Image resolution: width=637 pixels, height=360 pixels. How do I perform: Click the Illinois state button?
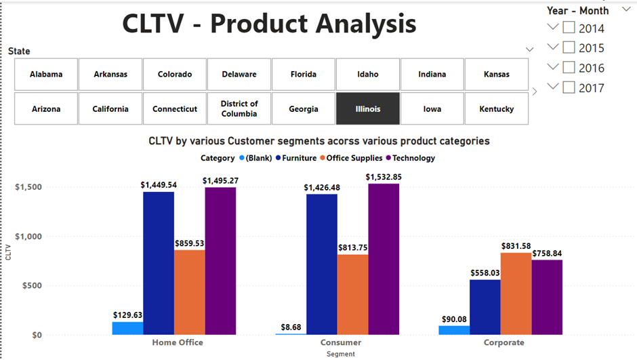[368, 108]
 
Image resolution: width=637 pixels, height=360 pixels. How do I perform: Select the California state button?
[110, 108]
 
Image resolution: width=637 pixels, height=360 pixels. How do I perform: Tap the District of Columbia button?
[239, 108]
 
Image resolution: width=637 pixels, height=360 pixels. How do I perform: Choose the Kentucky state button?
[496, 108]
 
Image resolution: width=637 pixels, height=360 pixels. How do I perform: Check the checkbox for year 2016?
[569, 67]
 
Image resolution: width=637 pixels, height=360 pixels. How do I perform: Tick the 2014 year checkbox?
[569, 28]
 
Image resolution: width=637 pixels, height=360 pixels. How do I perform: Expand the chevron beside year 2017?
[553, 87]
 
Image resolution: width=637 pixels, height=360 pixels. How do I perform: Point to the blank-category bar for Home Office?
[127, 328]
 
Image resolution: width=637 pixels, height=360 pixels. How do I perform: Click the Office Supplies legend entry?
[354, 158]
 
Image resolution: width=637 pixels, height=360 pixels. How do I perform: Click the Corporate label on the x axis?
[504, 342]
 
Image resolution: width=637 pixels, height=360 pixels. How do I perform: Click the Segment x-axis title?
[340, 353]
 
